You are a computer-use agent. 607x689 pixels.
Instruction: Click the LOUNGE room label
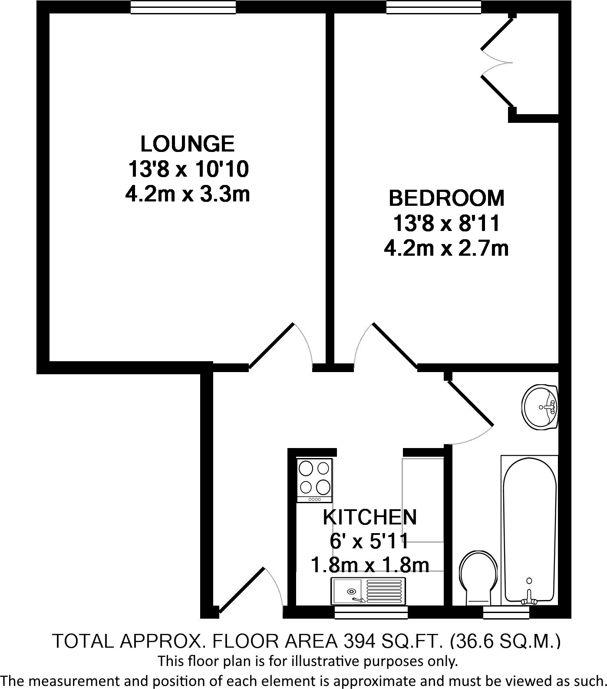click(x=188, y=144)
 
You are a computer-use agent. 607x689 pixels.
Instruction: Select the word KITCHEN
click(x=370, y=517)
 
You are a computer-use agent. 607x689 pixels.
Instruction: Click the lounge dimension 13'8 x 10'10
click(x=188, y=169)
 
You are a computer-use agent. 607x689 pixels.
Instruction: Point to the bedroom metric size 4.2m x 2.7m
click(x=447, y=249)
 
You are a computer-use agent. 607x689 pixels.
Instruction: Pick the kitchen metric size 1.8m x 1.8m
click(x=370, y=566)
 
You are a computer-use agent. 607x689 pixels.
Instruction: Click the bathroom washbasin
click(x=540, y=407)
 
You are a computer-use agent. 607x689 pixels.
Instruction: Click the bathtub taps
click(x=529, y=598)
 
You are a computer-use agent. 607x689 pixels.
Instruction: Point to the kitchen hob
click(x=314, y=480)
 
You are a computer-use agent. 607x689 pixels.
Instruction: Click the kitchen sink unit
click(x=368, y=591)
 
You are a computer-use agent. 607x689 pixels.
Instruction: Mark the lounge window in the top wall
click(x=183, y=7)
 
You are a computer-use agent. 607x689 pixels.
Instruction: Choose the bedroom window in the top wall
click(x=434, y=7)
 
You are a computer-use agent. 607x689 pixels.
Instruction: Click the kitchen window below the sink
click(x=371, y=612)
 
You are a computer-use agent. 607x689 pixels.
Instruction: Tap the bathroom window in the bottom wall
click(x=506, y=612)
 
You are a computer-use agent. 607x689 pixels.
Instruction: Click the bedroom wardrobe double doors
click(x=497, y=63)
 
